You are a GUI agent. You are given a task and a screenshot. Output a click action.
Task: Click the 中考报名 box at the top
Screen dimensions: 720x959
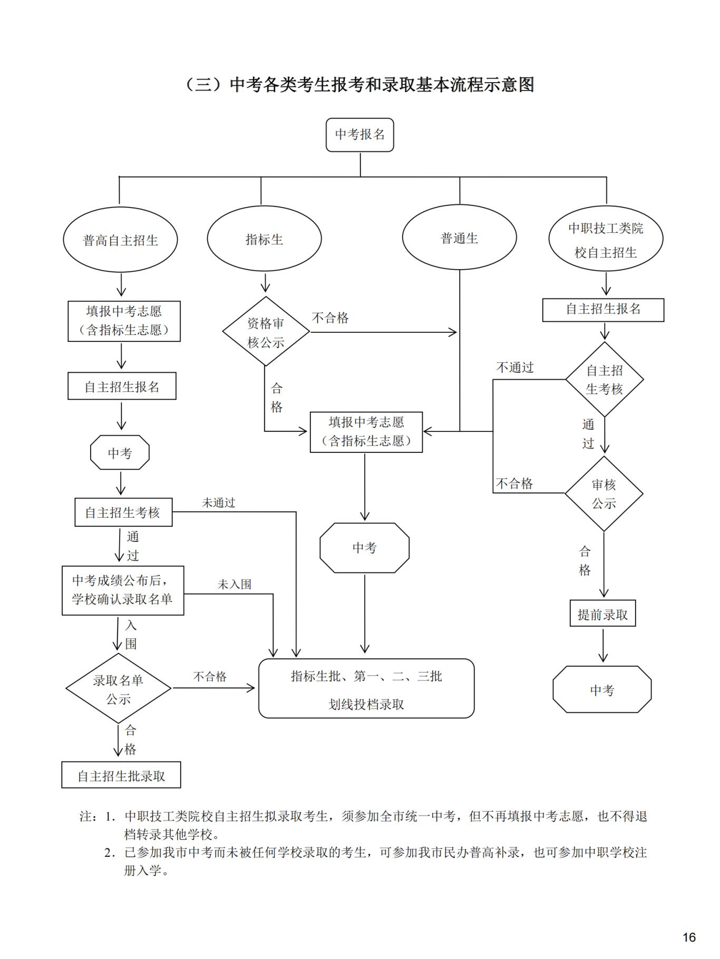pyautogui.click(x=360, y=135)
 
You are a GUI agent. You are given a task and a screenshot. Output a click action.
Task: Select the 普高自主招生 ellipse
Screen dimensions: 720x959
pyautogui.click(x=120, y=240)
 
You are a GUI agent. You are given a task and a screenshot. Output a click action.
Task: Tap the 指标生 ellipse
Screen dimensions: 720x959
pyautogui.click(x=264, y=239)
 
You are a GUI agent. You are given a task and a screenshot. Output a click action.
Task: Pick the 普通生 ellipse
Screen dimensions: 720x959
pyautogui.click(x=459, y=238)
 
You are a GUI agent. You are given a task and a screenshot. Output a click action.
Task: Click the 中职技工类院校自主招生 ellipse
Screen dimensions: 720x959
pyautogui.click(x=606, y=239)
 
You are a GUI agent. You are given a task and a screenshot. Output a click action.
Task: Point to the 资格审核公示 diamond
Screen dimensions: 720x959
pyautogui.click(x=266, y=331)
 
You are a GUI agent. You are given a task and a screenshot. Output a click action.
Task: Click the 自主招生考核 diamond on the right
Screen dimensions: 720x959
pyautogui.click(x=605, y=379)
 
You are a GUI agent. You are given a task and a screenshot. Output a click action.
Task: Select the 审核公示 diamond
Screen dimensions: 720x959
pyautogui.click(x=604, y=493)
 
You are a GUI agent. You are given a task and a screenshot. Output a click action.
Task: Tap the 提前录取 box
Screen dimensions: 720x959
pyautogui.click(x=603, y=614)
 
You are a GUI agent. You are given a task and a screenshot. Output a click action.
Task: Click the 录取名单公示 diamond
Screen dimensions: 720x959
pyautogui.click(x=119, y=688)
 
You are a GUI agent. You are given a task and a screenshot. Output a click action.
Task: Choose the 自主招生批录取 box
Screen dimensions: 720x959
pyautogui.click(x=121, y=775)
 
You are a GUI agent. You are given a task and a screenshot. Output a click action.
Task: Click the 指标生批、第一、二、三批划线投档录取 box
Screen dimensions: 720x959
pyautogui.click(x=366, y=688)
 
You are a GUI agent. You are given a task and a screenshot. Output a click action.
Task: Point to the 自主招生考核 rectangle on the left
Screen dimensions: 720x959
pyautogui.click(x=123, y=512)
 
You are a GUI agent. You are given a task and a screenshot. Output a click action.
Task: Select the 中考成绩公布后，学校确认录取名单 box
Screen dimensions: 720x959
pyautogui.click(x=123, y=590)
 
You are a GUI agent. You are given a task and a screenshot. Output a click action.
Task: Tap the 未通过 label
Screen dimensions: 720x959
pyautogui.click(x=219, y=502)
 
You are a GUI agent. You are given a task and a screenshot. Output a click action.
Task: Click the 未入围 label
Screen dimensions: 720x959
pyautogui.click(x=235, y=584)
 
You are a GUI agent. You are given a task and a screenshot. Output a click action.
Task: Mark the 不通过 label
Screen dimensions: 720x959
pyautogui.click(x=515, y=367)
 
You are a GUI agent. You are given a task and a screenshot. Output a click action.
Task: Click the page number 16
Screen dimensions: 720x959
pyautogui.click(x=689, y=937)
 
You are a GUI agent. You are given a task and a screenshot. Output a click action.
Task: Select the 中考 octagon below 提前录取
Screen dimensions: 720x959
pyautogui.click(x=602, y=689)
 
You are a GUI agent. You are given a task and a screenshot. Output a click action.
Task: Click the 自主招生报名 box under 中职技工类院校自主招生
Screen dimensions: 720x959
pyautogui.click(x=603, y=309)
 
